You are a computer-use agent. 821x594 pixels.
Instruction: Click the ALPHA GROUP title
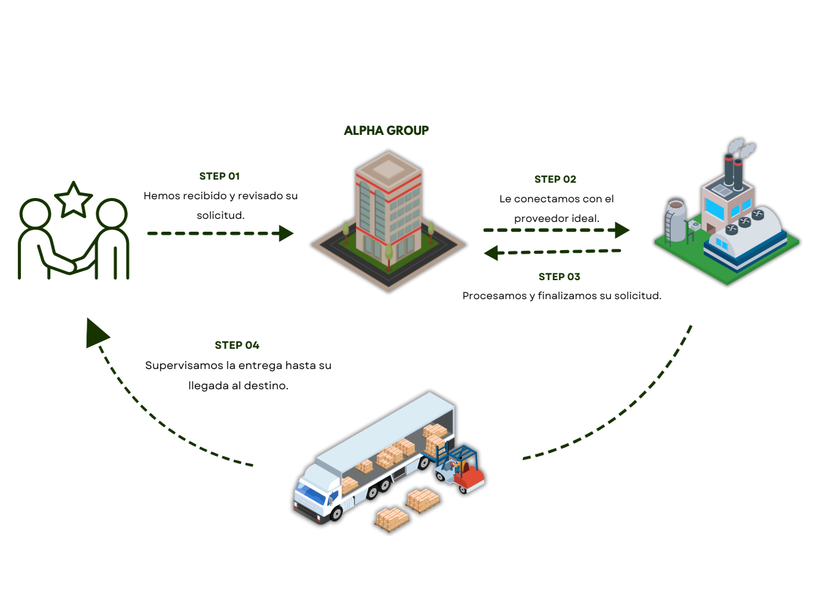tap(387, 131)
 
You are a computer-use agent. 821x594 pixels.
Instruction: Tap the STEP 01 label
tap(219, 176)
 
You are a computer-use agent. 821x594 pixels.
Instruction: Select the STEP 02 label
tap(555, 179)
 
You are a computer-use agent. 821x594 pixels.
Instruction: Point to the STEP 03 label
tap(560, 276)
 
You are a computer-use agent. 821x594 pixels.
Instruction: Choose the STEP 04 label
tap(237, 345)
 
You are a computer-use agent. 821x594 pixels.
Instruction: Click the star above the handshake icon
tap(73, 200)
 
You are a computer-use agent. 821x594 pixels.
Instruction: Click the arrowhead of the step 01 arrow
tap(286, 234)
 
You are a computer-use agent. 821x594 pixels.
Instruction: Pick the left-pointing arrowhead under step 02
tap(491, 253)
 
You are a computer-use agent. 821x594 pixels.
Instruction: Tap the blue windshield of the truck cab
tap(310, 492)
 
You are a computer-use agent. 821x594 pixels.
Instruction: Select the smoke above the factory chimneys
tap(741, 147)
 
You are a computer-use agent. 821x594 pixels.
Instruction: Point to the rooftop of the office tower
tap(388, 168)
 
